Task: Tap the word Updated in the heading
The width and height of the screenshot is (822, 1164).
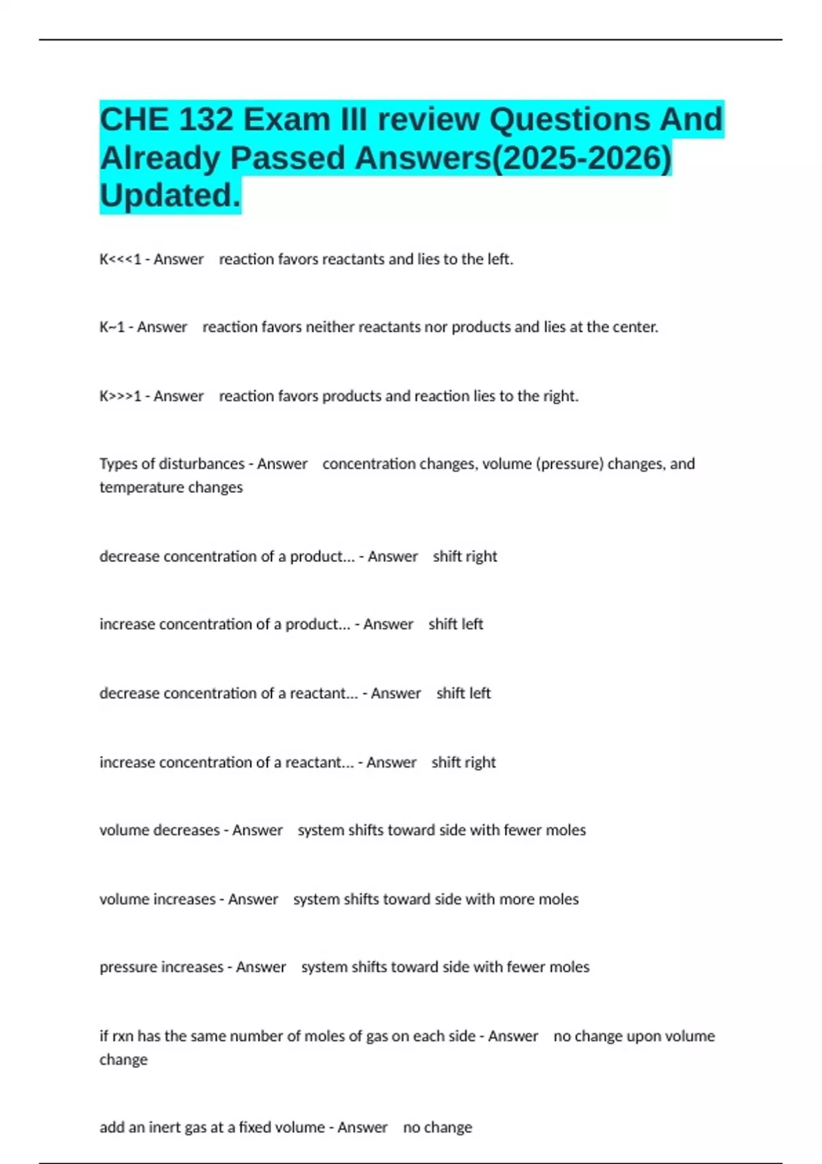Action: [169, 196]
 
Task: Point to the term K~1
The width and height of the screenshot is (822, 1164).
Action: [112, 327]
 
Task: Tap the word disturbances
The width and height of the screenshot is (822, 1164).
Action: [201, 464]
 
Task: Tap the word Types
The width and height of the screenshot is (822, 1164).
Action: [118, 464]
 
